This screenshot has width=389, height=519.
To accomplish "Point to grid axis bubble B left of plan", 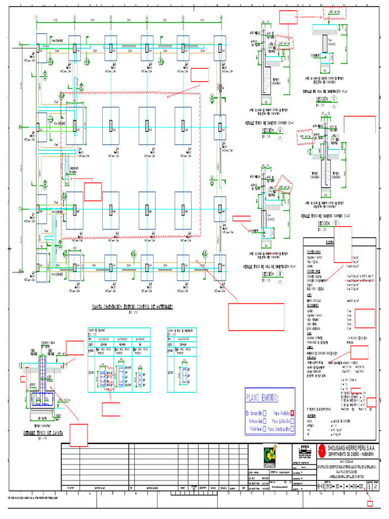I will [x=20, y=127].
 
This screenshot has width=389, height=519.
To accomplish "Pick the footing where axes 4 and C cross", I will [x=147, y=209].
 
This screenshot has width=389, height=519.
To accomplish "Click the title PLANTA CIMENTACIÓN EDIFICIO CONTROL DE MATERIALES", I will [x=132, y=306].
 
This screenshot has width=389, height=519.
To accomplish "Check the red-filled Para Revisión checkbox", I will [x=292, y=413].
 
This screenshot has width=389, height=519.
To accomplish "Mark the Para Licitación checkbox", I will [x=292, y=421].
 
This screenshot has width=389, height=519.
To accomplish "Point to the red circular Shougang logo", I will [x=321, y=450].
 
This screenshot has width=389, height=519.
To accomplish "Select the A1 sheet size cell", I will [x=375, y=485].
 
